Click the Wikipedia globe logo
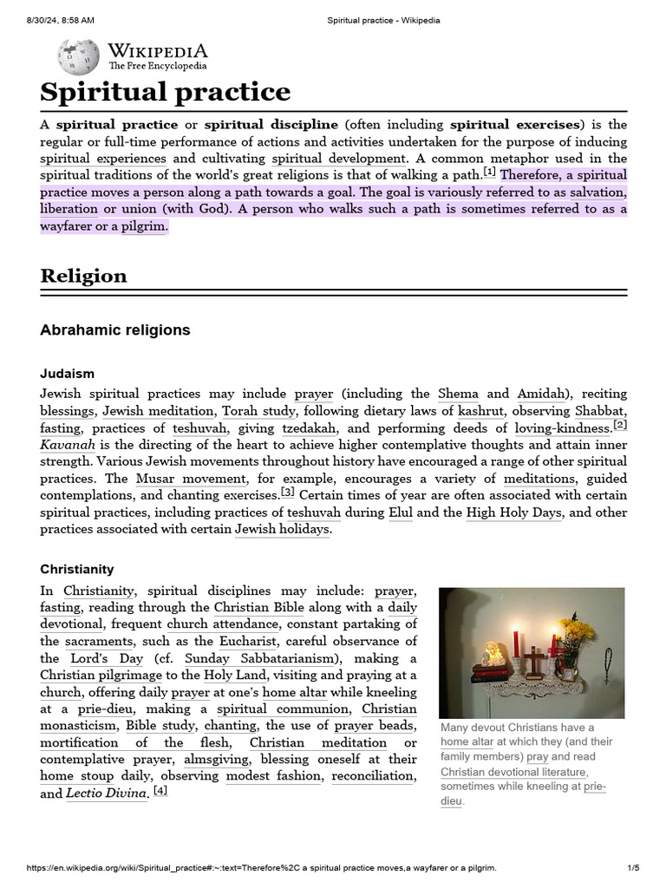(78, 56)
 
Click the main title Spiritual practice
(166, 92)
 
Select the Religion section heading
(83, 276)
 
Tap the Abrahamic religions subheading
(114, 330)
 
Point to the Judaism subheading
(67, 374)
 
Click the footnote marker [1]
(489, 172)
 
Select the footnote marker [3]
(287, 492)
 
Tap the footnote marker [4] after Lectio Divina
(160, 790)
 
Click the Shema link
(458, 394)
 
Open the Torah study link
(259, 411)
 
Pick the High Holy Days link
(514, 513)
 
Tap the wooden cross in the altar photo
(535, 661)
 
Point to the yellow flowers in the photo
(576, 629)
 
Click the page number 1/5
(633, 868)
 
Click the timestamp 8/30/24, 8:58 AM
(61, 21)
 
